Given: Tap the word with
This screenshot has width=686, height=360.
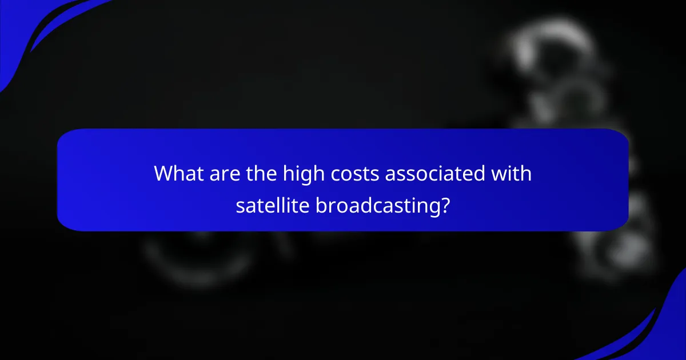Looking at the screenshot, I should click(513, 173).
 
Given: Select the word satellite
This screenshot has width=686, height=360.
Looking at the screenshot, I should click(273, 205).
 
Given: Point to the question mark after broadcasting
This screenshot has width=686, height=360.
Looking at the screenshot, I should click(444, 205).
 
